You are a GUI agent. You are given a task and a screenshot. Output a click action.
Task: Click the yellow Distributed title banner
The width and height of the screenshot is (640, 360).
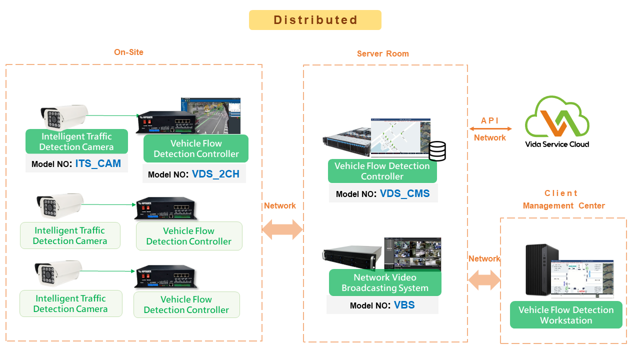[315, 20]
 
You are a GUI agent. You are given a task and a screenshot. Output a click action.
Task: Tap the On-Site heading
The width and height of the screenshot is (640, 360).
[128, 52]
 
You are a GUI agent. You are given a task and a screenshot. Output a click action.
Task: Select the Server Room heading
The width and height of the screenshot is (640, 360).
[383, 53]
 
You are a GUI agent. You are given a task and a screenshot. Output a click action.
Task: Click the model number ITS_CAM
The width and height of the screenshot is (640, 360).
[98, 163]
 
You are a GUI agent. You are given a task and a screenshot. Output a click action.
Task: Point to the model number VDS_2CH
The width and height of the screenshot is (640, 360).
[215, 174]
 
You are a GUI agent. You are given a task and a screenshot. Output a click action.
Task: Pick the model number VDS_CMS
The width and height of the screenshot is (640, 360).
[404, 193]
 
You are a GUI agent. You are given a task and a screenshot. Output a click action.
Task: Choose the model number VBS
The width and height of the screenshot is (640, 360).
[404, 305]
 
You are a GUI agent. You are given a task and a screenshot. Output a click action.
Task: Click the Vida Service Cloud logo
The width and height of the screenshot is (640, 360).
[557, 121]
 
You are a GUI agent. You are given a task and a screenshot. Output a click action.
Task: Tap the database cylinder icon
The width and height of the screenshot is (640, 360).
[437, 151]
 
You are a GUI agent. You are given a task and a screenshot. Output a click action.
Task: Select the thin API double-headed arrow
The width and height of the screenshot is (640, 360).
[490, 129]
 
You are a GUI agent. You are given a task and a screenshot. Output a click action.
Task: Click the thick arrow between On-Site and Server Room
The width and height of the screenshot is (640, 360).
[282, 229]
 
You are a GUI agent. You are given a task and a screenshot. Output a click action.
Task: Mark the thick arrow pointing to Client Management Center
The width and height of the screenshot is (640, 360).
[484, 280]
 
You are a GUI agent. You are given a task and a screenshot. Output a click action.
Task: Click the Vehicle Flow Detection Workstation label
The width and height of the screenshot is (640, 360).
[566, 315]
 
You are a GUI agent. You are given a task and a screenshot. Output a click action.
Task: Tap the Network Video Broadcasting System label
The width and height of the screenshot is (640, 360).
[385, 282]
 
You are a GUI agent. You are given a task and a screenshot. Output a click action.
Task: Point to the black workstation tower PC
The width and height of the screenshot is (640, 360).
[541, 270]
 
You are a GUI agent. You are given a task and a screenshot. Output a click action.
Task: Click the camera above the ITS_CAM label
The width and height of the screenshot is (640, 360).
[64, 117]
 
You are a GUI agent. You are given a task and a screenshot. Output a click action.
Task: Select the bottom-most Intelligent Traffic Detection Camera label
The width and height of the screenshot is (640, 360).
[70, 303]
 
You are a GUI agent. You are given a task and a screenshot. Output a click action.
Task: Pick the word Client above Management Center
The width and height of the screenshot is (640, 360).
[561, 193]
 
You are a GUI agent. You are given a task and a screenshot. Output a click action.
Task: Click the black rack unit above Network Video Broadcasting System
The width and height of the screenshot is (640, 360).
[352, 257]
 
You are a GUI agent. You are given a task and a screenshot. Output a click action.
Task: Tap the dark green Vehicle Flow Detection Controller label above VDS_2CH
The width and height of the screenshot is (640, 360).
[196, 148]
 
